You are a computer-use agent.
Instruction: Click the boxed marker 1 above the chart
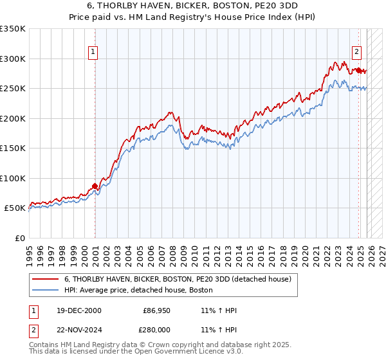93,53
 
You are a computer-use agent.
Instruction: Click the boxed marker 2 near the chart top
356,53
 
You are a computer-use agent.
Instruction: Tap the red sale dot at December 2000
95,186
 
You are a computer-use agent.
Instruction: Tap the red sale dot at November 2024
358,70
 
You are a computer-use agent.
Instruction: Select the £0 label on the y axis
19,239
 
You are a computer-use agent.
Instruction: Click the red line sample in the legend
45,280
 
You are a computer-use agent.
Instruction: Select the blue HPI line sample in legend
45,291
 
